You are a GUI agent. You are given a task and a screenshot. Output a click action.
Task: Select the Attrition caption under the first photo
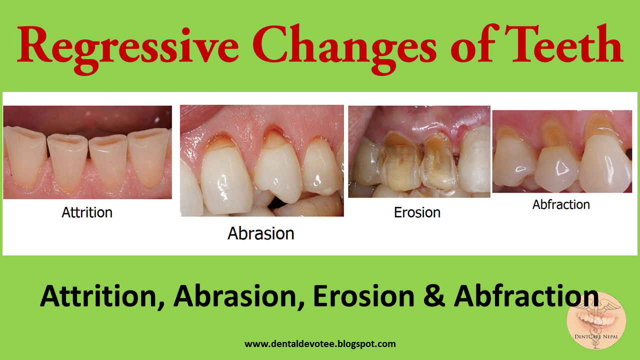(x=87, y=212)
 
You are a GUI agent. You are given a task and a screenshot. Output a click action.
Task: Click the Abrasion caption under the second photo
(x=260, y=233)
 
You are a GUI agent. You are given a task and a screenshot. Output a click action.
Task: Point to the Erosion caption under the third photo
(x=417, y=212)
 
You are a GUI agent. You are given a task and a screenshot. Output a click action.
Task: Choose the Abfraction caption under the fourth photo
(x=561, y=204)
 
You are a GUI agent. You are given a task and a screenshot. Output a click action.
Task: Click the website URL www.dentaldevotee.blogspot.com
(x=320, y=344)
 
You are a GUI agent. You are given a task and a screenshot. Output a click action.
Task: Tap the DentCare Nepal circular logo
(x=596, y=320)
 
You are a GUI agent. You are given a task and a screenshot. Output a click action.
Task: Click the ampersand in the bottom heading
(x=434, y=296)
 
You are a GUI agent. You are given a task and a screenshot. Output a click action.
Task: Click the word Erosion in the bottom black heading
(x=363, y=296)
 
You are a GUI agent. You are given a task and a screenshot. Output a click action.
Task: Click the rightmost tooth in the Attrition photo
(x=148, y=156)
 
